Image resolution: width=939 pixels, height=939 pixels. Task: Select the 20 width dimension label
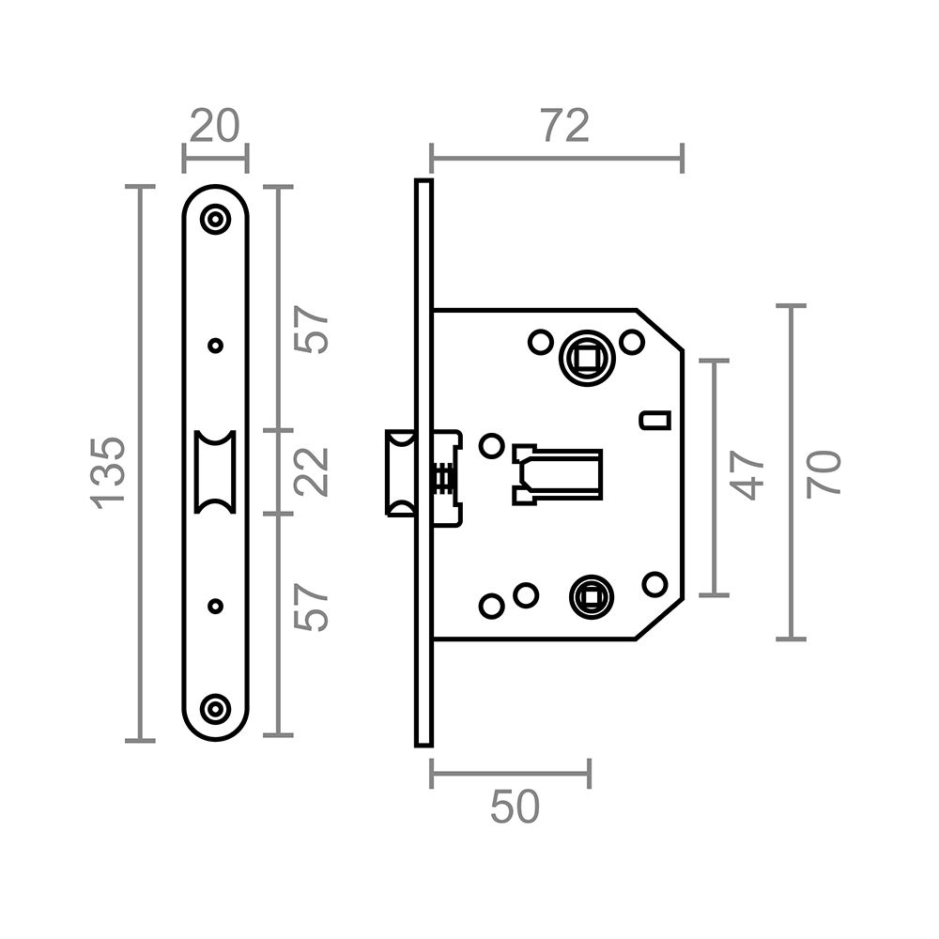(215, 126)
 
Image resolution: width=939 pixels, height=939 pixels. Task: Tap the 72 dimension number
(564, 126)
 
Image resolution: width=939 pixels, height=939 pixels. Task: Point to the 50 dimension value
(515, 807)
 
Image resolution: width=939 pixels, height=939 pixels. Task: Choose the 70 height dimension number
(824, 472)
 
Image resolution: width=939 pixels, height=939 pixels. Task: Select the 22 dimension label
(312, 471)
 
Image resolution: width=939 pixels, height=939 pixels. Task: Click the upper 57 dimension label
(312, 329)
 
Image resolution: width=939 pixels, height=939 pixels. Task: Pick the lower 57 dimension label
(312, 608)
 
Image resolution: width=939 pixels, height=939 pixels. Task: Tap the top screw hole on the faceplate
(216, 220)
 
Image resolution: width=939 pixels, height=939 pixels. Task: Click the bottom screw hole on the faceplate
(216, 709)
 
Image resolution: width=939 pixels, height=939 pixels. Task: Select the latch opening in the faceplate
(215, 471)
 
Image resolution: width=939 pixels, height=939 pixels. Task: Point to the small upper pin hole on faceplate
(216, 346)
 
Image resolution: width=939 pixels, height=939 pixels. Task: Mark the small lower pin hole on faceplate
(216, 606)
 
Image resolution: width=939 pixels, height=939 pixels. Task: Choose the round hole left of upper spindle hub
(539, 342)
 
